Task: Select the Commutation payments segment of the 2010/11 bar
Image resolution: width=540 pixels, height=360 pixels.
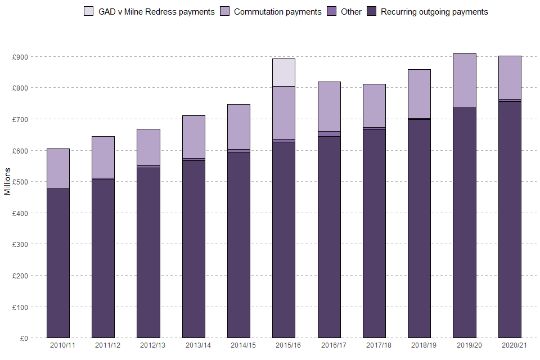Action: [58, 169]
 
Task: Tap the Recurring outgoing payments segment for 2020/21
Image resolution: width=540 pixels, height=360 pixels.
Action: [510, 219]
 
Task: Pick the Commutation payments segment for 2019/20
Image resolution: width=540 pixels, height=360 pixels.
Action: [465, 80]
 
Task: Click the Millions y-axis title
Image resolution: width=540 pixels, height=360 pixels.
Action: [7, 181]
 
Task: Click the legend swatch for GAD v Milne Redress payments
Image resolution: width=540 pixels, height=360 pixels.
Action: [88, 11]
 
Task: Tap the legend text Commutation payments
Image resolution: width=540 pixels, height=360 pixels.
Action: [277, 12]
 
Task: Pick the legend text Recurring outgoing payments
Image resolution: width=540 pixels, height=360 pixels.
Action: [434, 12]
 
